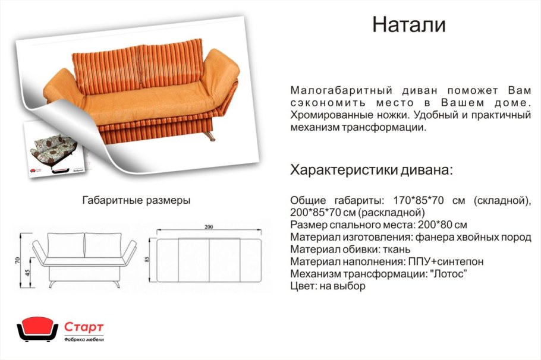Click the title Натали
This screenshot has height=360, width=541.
pyautogui.click(x=408, y=24)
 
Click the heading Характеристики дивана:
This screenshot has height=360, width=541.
pyautogui.click(x=372, y=170)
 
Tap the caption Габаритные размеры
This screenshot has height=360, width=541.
pyautogui.click(x=136, y=201)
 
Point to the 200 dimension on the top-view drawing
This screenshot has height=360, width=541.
pyautogui.click(x=208, y=227)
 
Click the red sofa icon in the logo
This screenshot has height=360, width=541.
pyautogui.click(x=37, y=329)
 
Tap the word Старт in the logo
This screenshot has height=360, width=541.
pyautogui.click(x=84, y=327)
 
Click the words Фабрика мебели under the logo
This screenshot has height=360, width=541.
pyautogui.click(x=84, y=339)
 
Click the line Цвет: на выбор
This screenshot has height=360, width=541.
pyautogui.click(x=328, y=286)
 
